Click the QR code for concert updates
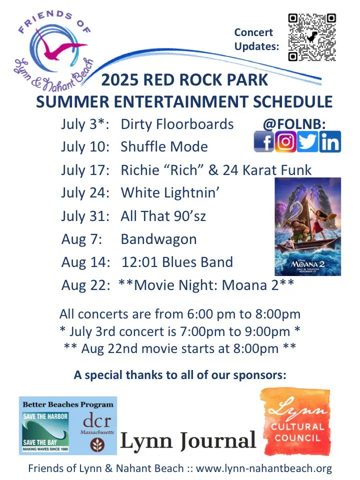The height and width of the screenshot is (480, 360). (312, 37)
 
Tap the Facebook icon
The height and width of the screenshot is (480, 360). (264, 141)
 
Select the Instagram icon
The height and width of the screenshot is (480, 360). (285, 141)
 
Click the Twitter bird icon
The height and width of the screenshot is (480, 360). (307, 141)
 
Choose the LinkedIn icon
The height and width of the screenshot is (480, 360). (330, 141)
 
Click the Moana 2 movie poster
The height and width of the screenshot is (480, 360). (307, 226)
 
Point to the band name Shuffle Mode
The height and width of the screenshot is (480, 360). (164, 146)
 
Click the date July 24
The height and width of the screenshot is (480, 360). (85, 193)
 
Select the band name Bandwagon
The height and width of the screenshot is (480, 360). (158, 239)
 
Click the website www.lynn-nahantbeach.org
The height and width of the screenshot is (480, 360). (264, 468)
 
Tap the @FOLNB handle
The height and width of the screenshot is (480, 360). (294, 124)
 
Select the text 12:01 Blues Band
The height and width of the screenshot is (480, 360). (177, 262)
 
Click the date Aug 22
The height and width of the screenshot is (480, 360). (85, 285)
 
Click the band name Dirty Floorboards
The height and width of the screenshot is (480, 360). (177, 124)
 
